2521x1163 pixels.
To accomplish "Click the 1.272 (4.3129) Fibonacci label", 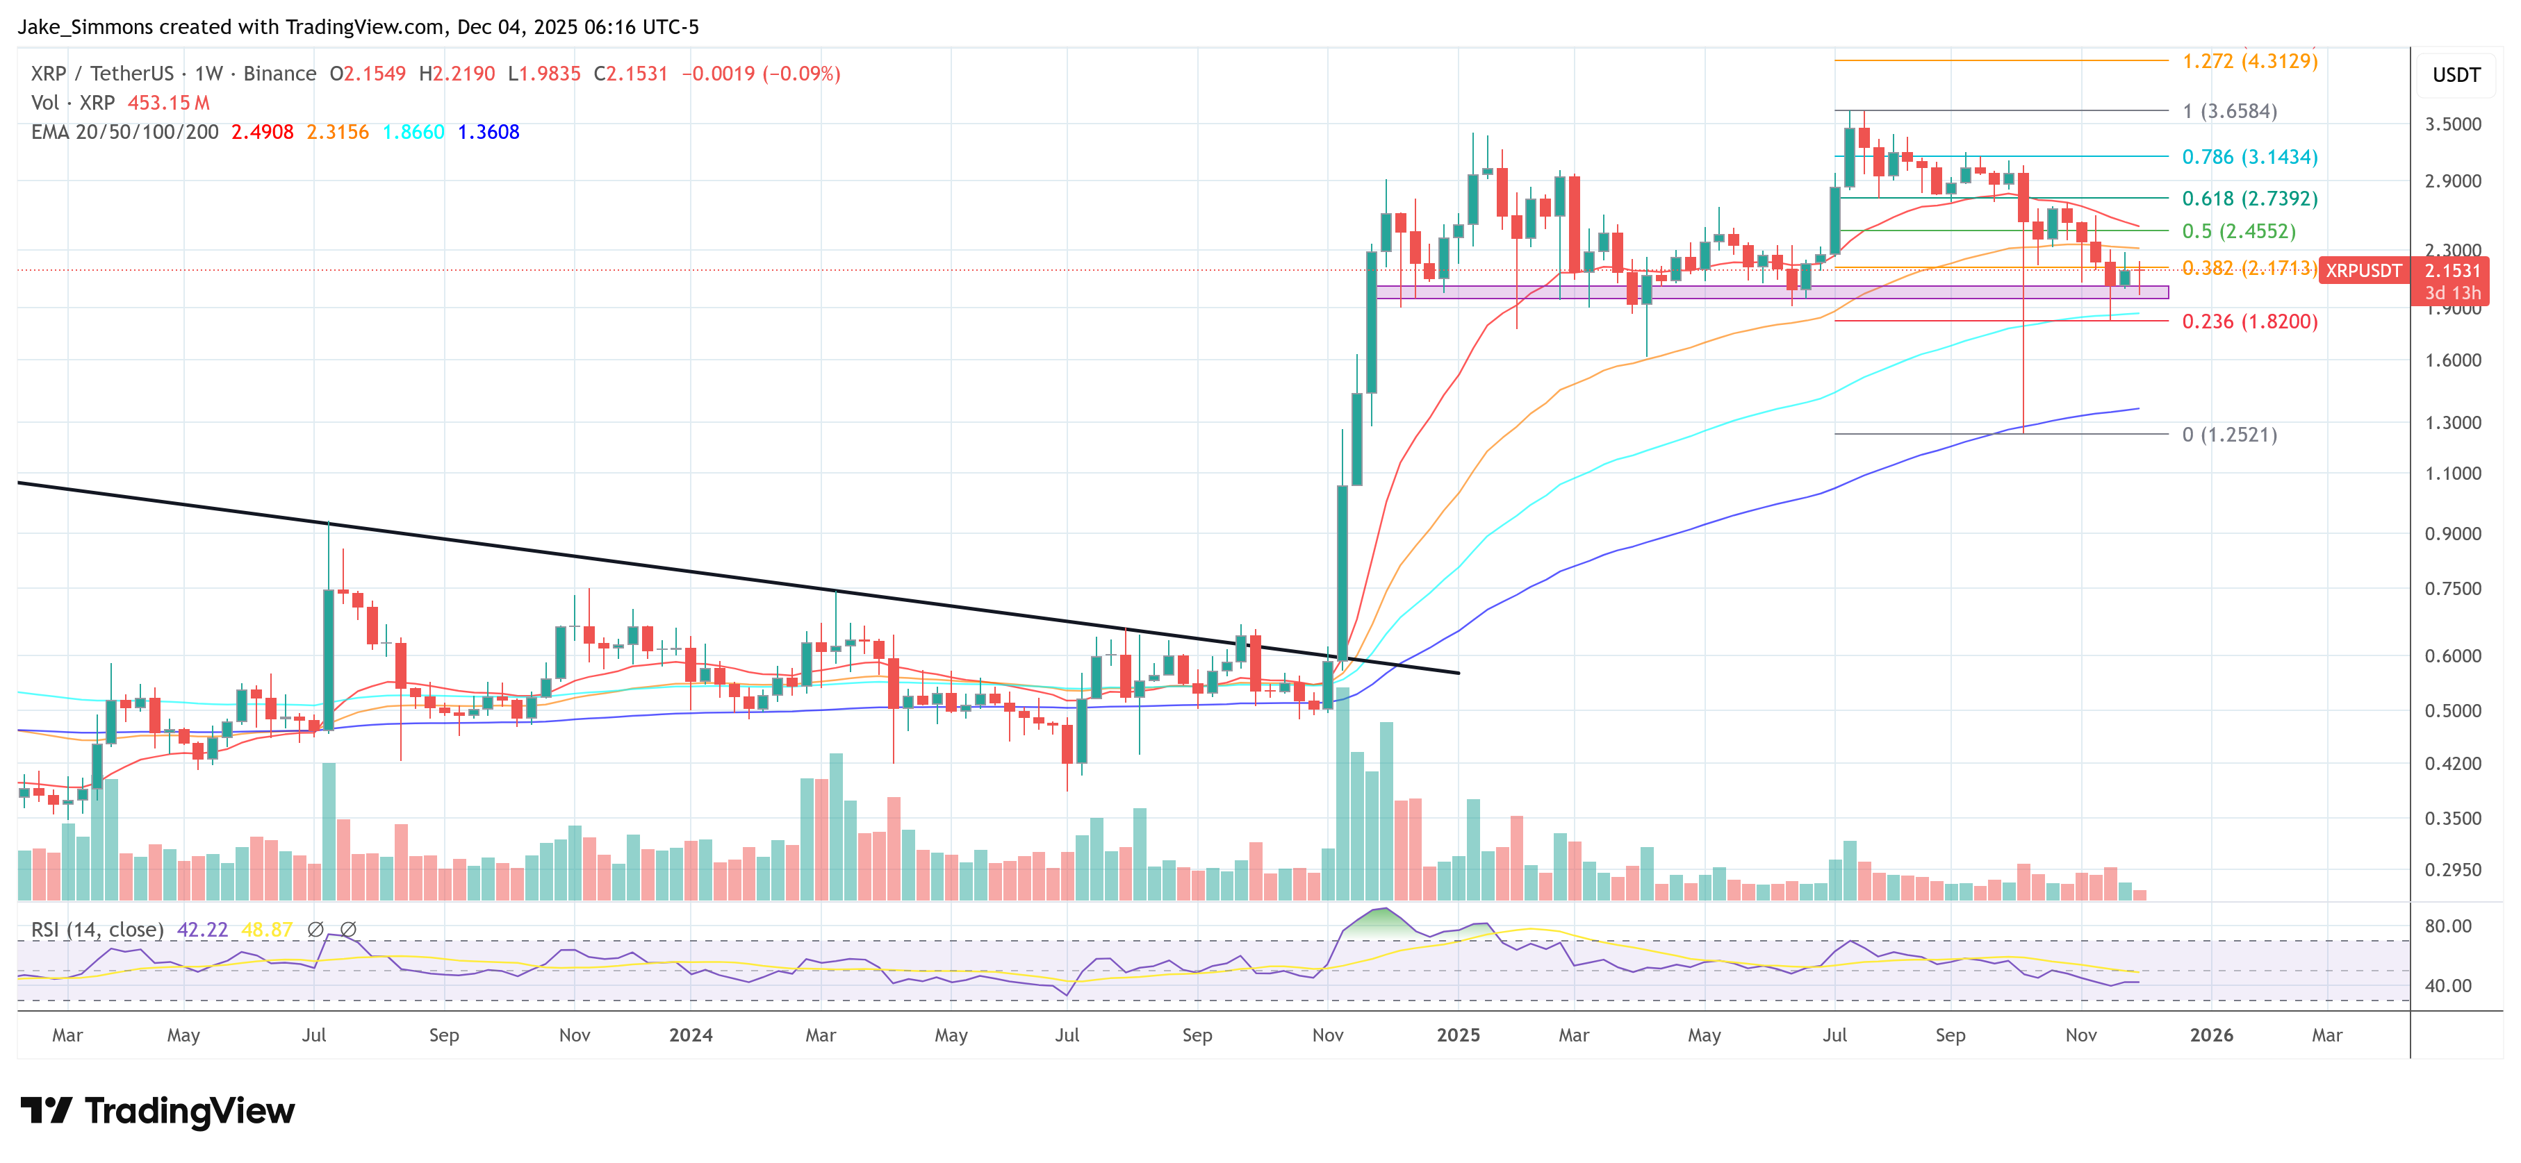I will pos(2249,60).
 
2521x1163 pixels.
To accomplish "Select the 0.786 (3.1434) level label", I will pos(2249,156).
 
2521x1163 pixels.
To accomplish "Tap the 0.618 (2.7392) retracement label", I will pos(2249,199).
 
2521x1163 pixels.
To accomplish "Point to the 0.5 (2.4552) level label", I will pos(2238,231).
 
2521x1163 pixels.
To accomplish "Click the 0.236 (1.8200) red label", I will pos(2249,321).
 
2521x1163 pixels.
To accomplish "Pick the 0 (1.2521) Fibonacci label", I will pos(2228,434).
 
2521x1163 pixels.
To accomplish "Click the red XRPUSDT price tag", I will pos(2363,271).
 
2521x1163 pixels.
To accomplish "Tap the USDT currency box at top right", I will pos(2456,75).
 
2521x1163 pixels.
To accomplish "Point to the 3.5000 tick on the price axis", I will pos(2452,124).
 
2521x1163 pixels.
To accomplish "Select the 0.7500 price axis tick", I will pos(2452,589).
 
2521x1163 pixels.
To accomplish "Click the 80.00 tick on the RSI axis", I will pos(2447,926).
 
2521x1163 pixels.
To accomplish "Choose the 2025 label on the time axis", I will pos(1457,1035).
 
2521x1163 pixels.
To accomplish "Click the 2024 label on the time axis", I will pos(690,1035).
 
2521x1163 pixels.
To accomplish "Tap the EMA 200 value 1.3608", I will pos(488,132).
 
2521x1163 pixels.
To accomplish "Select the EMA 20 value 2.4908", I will pos(261,132).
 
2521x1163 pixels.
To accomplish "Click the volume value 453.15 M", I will pos(168,103).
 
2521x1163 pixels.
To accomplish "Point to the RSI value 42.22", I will pos(202,929).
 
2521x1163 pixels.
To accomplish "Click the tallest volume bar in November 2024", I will pos(1342,792).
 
